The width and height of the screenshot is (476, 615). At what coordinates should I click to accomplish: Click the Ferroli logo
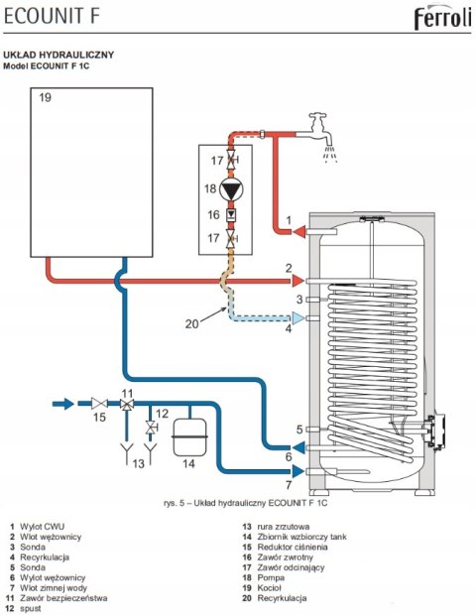tap(442, 19)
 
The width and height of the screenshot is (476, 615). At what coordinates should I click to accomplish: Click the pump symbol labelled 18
tap(231, 189)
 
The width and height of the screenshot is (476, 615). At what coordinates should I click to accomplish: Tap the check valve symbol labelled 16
tap(231, 215)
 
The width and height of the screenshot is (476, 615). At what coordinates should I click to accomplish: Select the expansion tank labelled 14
tap(189, 436)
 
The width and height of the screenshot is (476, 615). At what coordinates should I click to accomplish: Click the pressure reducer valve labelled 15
tap(99, 403)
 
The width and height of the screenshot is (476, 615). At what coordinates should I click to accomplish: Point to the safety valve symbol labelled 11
tap(127, 404)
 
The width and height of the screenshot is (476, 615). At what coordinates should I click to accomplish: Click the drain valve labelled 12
tap(150, 428)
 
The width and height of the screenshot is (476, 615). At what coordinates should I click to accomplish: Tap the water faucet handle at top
tap(317, 116)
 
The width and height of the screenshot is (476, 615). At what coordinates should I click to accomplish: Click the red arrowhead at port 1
tap(298, 232)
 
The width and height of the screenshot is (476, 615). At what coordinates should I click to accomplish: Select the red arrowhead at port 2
tap(297, 281)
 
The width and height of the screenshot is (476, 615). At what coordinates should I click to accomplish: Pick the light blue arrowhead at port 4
tap(298, 317)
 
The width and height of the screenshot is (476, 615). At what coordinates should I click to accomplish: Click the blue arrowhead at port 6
tap(297, 447)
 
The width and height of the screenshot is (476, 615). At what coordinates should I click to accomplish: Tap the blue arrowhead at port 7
tap(297, 471)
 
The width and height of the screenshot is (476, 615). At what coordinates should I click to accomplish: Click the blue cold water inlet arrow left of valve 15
tap(63, 404)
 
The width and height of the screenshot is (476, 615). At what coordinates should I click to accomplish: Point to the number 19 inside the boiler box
tap(45, 97)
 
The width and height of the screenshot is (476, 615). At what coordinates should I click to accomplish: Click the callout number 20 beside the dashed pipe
tap(192, 324)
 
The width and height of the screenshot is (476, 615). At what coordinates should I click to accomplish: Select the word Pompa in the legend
tap(271, 577)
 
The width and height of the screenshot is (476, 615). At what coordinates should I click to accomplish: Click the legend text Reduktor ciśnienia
tap(293, 547)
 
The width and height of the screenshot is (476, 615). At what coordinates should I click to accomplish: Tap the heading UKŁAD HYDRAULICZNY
tap(59, 55)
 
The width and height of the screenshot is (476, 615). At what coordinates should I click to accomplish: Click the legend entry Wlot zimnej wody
tap(54, 587)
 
